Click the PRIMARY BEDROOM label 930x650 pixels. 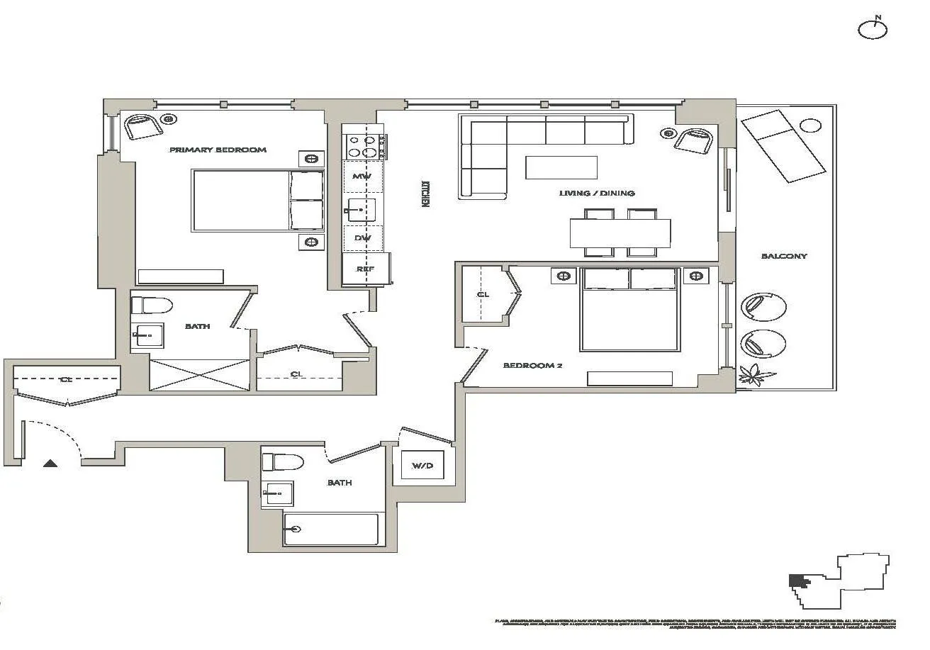(x=218, y=150)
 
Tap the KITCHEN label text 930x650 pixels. (x=426, y=192)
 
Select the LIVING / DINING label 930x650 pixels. (x=596, y=193)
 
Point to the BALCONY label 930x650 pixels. (x=783, y=256)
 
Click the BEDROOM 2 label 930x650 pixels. (x=532, y=365)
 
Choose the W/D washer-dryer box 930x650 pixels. (x=422, y=466)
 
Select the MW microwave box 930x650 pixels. (x=363, y=176)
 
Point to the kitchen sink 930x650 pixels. (x=362, y=209)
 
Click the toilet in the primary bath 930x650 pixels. (x=152, y=306)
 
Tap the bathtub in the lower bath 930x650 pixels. (x=330, y=529)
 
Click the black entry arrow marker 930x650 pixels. (x=50, y=464)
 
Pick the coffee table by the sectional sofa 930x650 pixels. (x=561, y=167)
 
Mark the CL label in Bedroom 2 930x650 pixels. (x=483, y=294)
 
